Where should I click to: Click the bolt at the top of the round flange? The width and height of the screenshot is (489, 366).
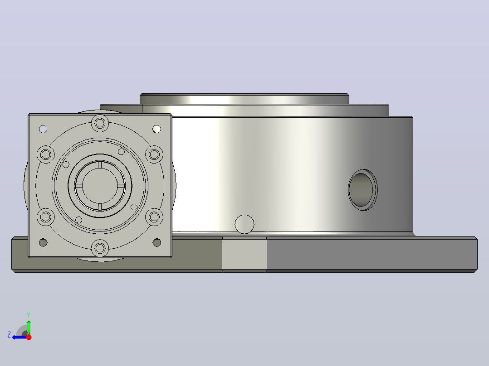100,123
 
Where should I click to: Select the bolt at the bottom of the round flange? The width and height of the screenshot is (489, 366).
100,248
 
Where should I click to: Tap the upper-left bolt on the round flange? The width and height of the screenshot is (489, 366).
46,154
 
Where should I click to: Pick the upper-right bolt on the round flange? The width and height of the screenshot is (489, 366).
154,154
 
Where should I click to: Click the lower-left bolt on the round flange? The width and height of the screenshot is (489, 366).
46,217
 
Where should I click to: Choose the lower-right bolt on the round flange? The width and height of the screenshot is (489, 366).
154,217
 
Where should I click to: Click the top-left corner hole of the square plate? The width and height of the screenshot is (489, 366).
43,129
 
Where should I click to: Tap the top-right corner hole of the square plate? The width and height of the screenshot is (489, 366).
156,129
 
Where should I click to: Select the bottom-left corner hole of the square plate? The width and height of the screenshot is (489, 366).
43,242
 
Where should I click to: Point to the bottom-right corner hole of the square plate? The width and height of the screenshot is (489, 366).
156,242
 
